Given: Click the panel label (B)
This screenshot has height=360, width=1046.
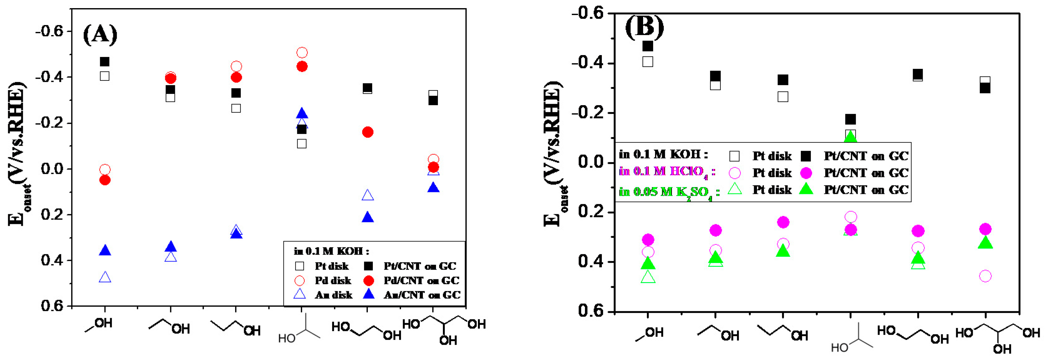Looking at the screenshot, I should (644, 28).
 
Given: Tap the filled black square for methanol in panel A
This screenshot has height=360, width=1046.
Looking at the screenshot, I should (105, 62).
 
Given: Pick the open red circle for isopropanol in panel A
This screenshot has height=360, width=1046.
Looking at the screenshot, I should (302, 53).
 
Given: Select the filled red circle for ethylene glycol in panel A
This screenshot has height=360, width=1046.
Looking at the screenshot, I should (368, 132).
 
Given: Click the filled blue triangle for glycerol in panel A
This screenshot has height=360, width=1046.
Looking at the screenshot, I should (433, 188).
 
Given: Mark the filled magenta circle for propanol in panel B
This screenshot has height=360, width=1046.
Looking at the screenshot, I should (783, 222).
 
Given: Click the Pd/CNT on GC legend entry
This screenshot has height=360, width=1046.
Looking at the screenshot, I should (421, 281).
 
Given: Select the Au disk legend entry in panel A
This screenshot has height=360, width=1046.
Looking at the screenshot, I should (333, 295).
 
